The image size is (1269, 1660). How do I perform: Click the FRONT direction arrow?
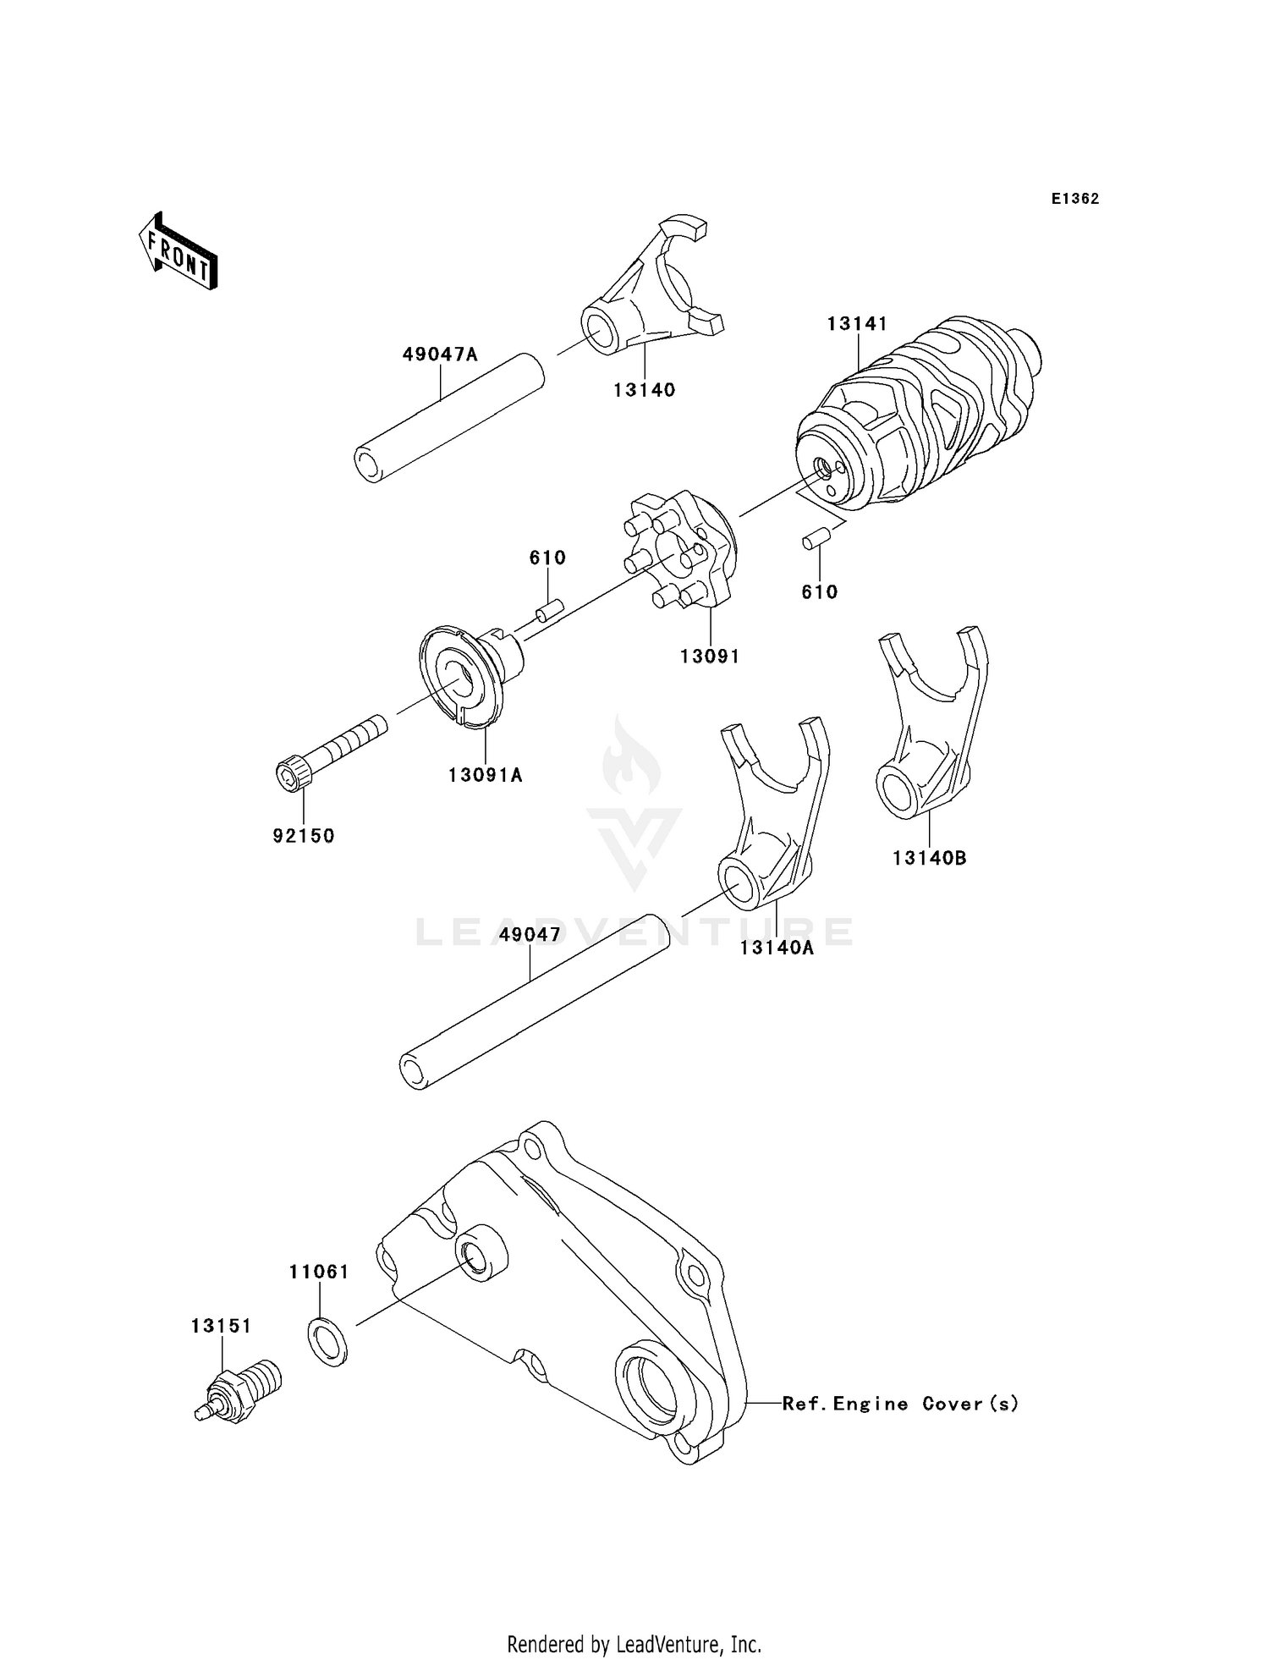coord(179,251)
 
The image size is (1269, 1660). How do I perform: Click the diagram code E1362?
coord(1075,199)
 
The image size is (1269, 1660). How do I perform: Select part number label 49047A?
coord(439,355)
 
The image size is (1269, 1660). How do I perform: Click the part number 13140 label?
coord(645,390)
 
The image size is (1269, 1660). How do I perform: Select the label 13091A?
coord(486,774)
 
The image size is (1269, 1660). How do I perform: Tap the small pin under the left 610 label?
coord(548,608)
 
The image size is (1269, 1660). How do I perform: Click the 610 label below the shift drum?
coord(819,592)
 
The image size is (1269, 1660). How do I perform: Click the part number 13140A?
coord(777,948)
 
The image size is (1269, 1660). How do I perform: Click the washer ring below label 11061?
coord(327,1341)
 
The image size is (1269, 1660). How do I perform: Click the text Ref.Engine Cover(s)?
coord(900,1404)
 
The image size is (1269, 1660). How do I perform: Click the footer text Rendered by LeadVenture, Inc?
coord(634,1644)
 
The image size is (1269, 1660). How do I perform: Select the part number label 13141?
coord(857,323)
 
